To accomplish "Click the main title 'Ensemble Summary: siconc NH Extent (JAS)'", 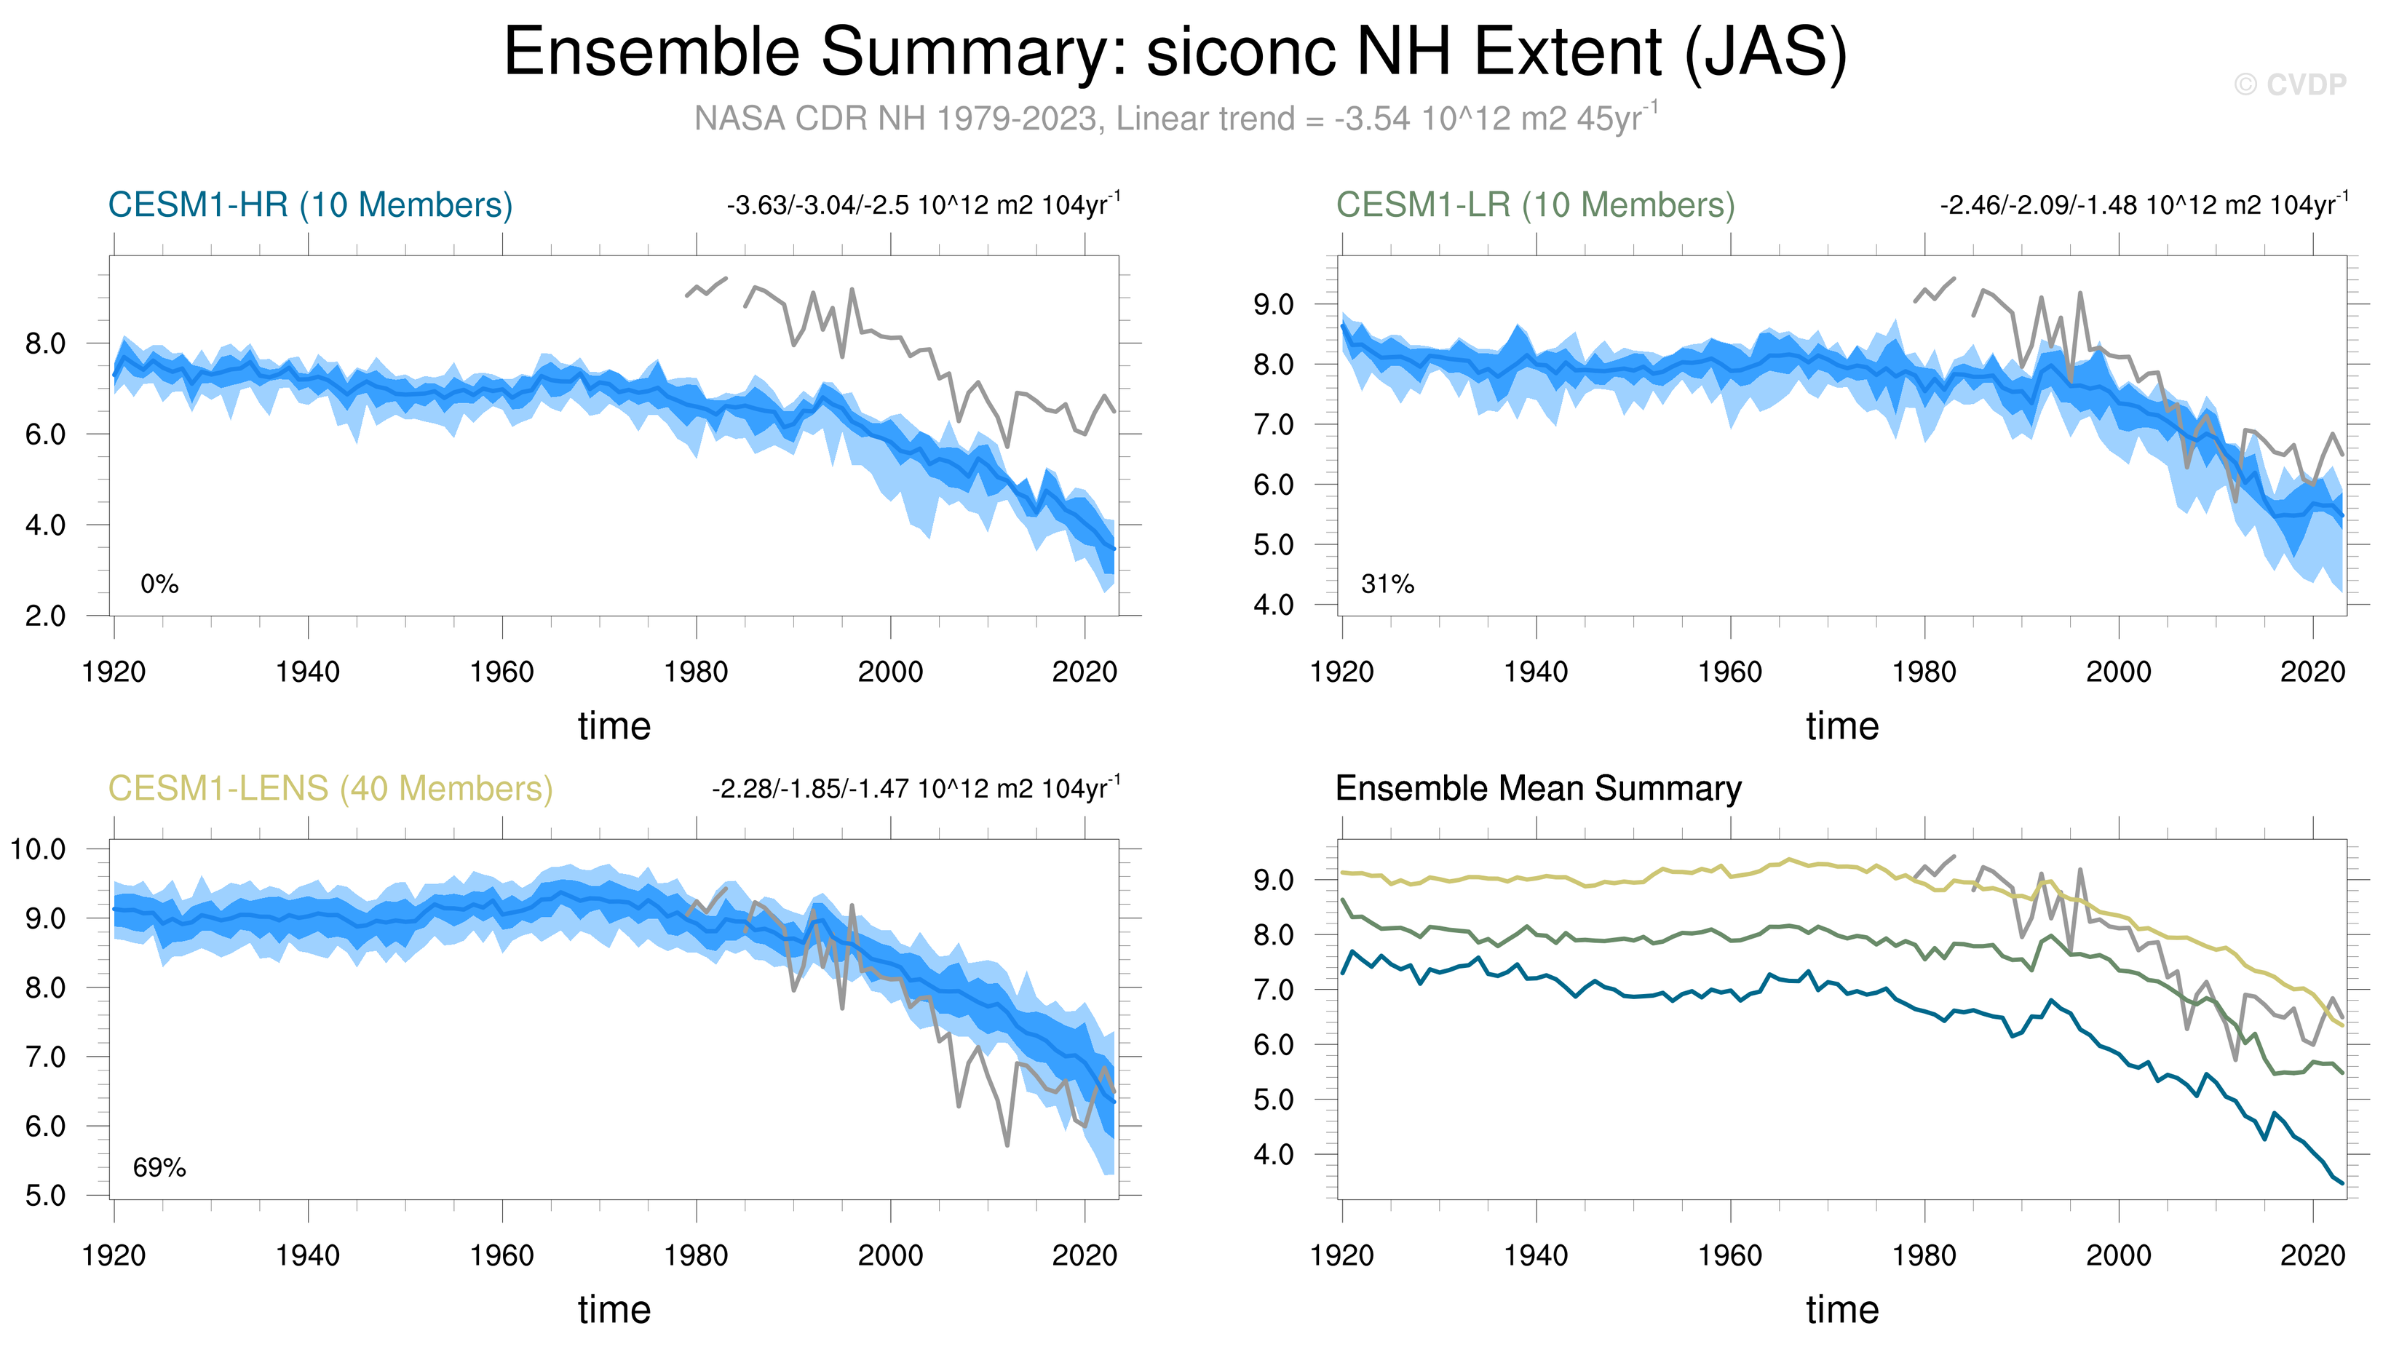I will pyautogui.click(x=1175, y=52).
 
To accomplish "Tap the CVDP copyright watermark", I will pyautogui.click(x=2290, y=85).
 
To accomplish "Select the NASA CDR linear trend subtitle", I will pyautogui.click(x=1175, y=119).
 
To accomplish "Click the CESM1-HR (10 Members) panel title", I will pyautogui.click(x=310, y=204).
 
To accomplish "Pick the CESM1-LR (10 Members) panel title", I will pyautogui.click(x=1535, y=204).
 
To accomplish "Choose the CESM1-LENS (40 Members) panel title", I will pyautogui.click(x=330, y=788).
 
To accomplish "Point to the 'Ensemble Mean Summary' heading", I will pyautogui.click(x=1537, y=788).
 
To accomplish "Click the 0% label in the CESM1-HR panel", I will pyautogui.click(x=159, y=584).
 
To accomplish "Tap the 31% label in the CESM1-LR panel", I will pyautogui.click(x=1387, y=584).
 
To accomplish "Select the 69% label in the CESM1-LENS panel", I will pyautogui.click(x=159, y=1167).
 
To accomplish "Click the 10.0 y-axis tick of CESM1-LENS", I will pyautogui.click(x=38, y=849).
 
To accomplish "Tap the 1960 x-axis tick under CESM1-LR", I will pyautogui.click(x=1730, y=672).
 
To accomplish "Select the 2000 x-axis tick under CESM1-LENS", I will pyautogui.click(x=890, y=1255).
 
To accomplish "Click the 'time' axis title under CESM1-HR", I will pyautogui.click(x=614, y=726).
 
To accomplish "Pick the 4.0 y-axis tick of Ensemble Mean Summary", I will pyautogui.click(x=1273, y=1155).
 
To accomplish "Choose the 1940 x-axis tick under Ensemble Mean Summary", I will pyautogui.click(x=1536, y=1255).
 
